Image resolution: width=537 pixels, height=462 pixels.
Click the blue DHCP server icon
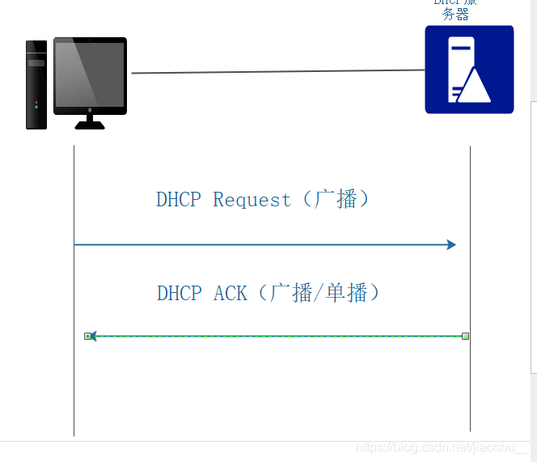point(469,69)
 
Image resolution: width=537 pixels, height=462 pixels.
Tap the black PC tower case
point(36,85)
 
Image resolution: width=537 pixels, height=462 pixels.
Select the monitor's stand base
point(90,125)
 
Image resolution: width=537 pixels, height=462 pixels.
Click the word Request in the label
point(252,200)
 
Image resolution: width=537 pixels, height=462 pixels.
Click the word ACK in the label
point(230,293)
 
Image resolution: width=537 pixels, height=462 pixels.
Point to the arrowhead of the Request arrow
point(451,244)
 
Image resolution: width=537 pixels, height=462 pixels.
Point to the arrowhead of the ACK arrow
point(93,336)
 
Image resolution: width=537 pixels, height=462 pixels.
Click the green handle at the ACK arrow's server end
point(466,336)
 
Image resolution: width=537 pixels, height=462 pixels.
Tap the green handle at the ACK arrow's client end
point(87,336)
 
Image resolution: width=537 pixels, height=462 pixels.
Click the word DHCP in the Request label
point(178,200)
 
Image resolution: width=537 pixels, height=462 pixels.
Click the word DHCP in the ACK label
point(179,293)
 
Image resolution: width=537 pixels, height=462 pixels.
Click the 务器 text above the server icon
point(455,15)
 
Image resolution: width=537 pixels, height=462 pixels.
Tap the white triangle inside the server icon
point(476,85)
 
